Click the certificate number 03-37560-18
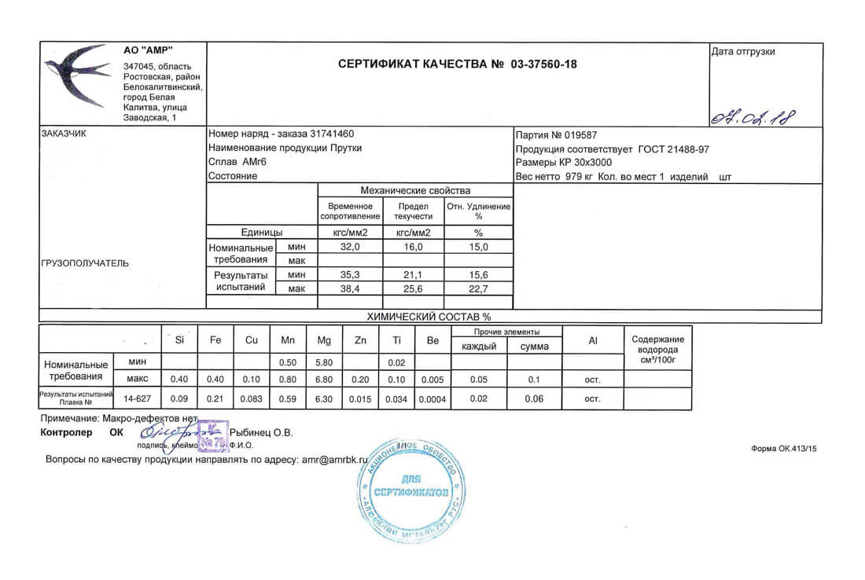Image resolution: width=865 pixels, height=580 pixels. [x=543, y=64]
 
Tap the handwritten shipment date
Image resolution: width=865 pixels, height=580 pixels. [x=753, y=118]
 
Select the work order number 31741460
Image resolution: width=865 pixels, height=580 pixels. [x=332, y=134]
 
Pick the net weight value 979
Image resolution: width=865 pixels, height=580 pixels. [x=575, y=177]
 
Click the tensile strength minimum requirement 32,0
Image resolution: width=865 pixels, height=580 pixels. [x=349, y=247]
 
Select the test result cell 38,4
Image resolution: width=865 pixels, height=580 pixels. [x=349, y=289]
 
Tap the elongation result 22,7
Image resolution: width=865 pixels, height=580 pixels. [x=478, y=289]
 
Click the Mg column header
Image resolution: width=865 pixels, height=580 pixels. [x=323, y=340]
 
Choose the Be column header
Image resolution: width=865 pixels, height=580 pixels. [x=432, y=340]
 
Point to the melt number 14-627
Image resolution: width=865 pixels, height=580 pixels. [x=137, y=398]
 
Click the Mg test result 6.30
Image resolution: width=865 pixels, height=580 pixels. [x=323, y=398]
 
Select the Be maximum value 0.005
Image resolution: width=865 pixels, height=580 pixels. [x=432, y=380]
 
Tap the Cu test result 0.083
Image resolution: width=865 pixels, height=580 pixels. [x=252, y=398]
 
